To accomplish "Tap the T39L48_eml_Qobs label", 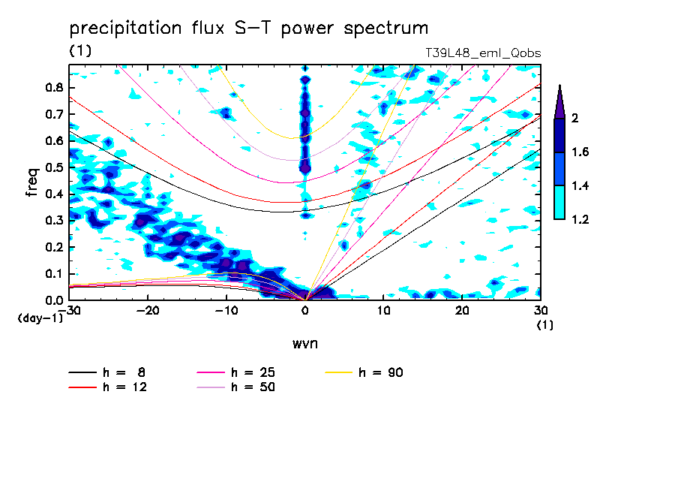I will click(482, 53).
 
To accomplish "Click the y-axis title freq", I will click(32, 182).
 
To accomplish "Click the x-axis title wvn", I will click(303, 343).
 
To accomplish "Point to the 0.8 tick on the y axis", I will click(53, 87).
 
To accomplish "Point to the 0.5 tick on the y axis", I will click(53, 167).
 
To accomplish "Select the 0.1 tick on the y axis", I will click(53, 273).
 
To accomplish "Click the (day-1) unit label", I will click(40, 318).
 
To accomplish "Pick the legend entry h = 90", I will click(382, 372).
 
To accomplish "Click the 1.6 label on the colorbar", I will click(580, 152).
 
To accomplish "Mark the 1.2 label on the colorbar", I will click(580, 219).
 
